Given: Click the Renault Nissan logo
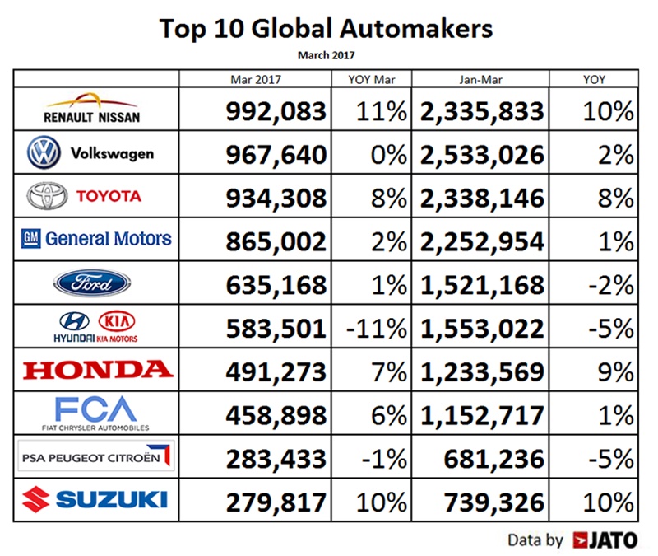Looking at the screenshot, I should click(x=95, y=110).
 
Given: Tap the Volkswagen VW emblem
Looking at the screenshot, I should click(x=40, y=153).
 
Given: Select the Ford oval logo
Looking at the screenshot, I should click(x=91, y=283).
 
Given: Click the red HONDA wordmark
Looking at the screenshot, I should click(x=98, y=369).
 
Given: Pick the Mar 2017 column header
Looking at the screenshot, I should click(x=254, y=79).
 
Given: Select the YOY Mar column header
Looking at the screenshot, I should click(x=368, y=79).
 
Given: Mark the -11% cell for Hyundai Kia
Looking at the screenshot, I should click(x=376, y=327).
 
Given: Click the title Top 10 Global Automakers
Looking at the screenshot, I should click(x=327, y=30).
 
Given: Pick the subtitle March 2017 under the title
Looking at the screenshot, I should click(x=327, y=55).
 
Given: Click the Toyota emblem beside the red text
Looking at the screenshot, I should click(x=46, y=196).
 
